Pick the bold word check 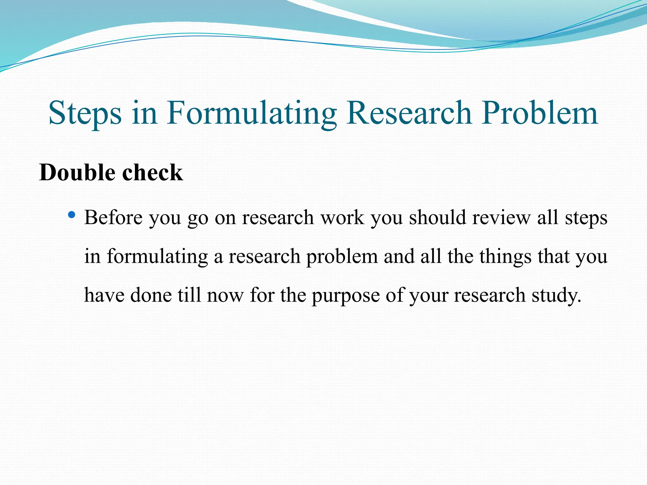click(152, 172)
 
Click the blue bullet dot click(72, 215)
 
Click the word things click(505, 256)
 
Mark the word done click(151, 295)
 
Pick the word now click(225, 295)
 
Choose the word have click(104, 295)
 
